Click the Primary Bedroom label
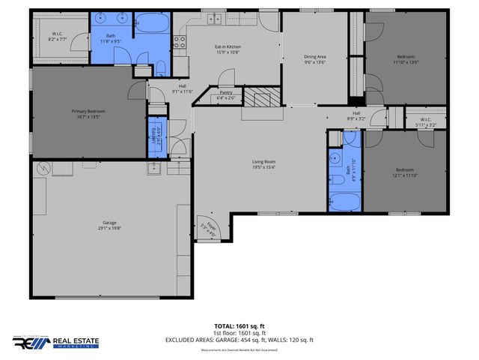[88, 111]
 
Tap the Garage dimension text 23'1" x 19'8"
[110, 228]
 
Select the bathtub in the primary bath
[153, 22]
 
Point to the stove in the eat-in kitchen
[180, 42]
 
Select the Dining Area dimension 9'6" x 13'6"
[314, 61]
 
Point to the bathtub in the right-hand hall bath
[345, 201]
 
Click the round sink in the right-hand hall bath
[336, 159]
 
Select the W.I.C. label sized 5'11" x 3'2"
[425, 123]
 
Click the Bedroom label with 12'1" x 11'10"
[405, 170]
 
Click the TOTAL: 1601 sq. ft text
[239, 325]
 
